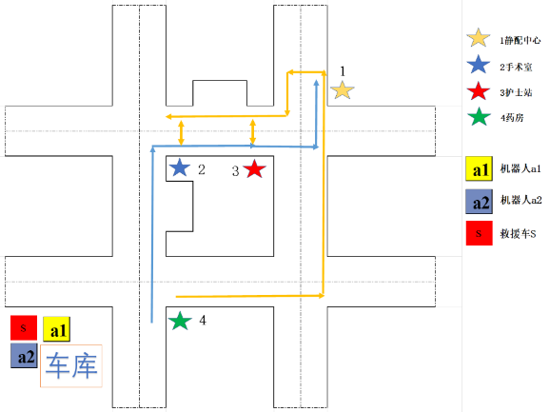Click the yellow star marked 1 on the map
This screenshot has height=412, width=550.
click(342, 90)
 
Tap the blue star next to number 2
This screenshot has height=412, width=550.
click(180, 167)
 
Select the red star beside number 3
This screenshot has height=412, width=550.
click(255, 168)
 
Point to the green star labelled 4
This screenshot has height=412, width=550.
click(180, 321)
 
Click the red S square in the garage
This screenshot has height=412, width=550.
click(24, 328)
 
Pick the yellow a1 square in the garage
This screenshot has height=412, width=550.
click(56, 329)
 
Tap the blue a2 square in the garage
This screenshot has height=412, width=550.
click(24, 356)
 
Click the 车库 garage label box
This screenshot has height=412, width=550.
click(71, 365)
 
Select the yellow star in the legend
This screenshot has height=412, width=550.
click(479, 38)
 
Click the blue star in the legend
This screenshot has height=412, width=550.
click(479, 65)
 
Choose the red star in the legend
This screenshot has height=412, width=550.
click(479, 91)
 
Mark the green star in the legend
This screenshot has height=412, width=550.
click(479, 117)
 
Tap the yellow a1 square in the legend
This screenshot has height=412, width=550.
click(480, 168)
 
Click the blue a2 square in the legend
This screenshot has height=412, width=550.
click(480, 202)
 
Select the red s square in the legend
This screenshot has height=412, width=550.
click(480, 233)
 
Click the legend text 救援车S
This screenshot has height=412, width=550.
click(518, 234)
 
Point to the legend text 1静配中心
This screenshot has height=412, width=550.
click(521, 40)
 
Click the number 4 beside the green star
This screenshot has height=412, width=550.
click(203, 320)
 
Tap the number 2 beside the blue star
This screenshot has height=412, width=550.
click(202, 169)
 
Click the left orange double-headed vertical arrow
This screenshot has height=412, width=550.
click(181, 132)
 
